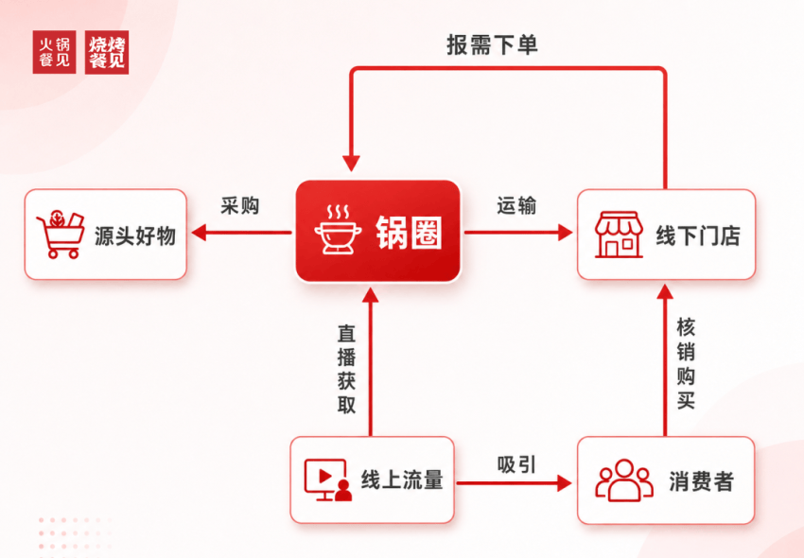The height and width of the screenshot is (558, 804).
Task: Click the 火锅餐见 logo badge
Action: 54,52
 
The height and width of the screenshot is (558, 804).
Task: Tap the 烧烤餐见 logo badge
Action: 107,52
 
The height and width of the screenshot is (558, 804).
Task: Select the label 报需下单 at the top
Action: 492,45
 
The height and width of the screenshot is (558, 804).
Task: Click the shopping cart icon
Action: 61,234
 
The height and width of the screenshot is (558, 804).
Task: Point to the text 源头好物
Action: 135,235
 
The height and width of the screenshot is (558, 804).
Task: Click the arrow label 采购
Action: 240,205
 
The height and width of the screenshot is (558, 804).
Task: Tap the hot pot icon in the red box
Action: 338,229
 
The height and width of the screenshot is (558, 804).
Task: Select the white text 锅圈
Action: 409,233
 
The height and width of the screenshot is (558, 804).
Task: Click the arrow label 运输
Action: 516,205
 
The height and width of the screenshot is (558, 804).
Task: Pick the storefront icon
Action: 619,235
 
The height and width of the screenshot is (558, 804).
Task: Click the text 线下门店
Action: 698,235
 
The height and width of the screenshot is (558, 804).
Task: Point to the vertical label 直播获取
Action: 346,369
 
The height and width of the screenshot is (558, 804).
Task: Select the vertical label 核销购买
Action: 686,363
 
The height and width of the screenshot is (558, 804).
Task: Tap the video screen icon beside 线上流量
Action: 328,480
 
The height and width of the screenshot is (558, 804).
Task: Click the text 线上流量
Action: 402,480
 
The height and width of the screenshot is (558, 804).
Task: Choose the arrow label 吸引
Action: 516,464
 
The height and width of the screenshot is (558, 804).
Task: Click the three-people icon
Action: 624,480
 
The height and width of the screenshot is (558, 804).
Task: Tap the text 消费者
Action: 701,481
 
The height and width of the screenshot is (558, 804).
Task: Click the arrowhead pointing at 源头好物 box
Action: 199,233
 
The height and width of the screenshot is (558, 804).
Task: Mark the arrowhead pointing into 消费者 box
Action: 565,482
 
